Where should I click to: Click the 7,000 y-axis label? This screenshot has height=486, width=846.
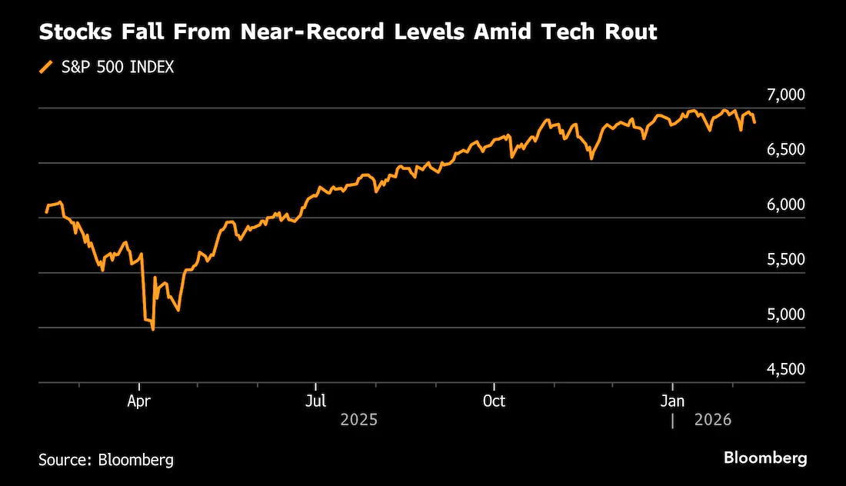(x=785, y=95)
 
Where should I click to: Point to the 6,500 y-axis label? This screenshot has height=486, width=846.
(x=785, y=150)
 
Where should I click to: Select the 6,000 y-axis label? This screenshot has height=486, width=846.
(x=785, y=205)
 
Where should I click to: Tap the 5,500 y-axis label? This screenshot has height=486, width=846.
(x=785, y=259)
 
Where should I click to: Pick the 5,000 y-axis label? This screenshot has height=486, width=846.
(x=785, y=315)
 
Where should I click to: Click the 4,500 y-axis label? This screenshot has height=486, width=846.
(x=785, y=369)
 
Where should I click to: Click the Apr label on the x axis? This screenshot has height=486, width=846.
(x=138, y=402)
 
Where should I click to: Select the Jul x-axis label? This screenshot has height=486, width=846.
(x=315, y=401)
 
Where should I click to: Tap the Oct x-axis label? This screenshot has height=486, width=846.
(x=494, y=401)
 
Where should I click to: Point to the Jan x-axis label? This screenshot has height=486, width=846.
(x=672, y=401)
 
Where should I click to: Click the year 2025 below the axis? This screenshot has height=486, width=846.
(x=359, y=420)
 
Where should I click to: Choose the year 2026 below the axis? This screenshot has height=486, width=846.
(x=713, y=420)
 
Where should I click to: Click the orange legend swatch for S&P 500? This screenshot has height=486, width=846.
(x=46, y=68)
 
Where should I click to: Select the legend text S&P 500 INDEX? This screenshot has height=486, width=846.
(x=118, y=68)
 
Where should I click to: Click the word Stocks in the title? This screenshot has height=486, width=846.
(x=75, y=32)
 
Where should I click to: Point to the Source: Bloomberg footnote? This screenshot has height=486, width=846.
(x=106, y=460)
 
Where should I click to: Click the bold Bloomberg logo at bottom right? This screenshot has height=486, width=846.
(x=765, y=458)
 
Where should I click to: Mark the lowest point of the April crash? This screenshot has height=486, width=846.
(x=153, y=329)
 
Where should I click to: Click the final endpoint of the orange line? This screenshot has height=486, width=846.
(x=754, y=122)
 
